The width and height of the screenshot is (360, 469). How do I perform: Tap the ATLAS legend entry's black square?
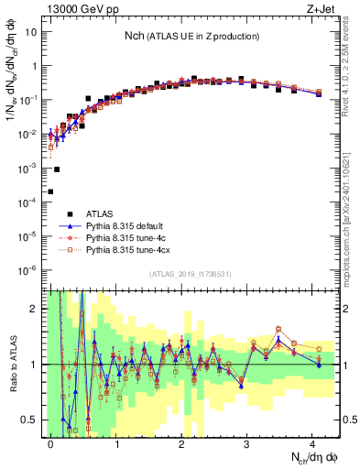click(x=70, y=213)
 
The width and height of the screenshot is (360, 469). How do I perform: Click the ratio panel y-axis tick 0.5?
click(x=33, y=420)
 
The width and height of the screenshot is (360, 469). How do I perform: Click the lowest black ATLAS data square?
click(x=50, y=191)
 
